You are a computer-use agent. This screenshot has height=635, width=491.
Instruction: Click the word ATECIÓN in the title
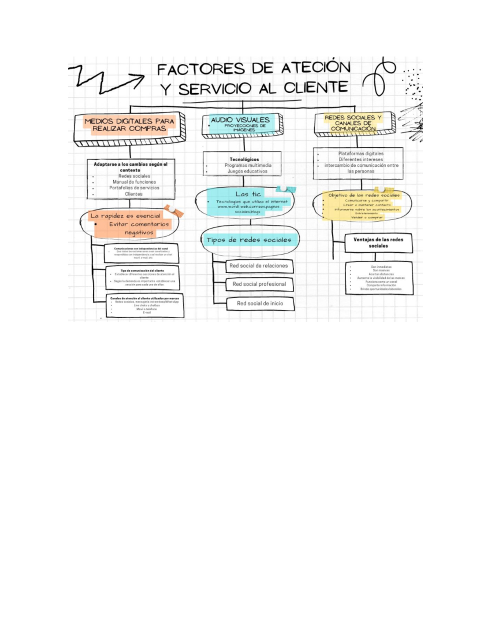pos(315,68)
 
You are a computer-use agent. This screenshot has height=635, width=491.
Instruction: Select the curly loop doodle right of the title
pos(379,77)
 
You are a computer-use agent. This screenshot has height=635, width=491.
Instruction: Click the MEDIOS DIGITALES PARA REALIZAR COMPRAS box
pos(129,125)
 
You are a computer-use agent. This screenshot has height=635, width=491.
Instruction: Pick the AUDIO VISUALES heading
pos(240,120)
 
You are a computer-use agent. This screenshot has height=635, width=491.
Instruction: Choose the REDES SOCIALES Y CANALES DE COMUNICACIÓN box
pos(353,123)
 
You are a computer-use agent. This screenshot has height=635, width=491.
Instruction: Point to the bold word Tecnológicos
pos(244,159)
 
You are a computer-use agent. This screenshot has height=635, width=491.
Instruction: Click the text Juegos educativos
pos(248,171)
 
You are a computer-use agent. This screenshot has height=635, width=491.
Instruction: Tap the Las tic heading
pos(248,194)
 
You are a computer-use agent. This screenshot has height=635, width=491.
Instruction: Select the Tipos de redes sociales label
pos(248,240)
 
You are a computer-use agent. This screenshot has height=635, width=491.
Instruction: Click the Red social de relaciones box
pos(259,266)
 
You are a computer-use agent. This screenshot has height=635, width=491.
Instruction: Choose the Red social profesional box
pos(259,284)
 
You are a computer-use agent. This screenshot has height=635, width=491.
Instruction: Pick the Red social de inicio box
pos(260,303)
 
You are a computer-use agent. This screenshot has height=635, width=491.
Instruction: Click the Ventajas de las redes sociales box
pos(378,242)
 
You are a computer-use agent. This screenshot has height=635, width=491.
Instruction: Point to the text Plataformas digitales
pos(361,154)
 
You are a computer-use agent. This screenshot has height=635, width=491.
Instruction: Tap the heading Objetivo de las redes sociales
pos(364,195)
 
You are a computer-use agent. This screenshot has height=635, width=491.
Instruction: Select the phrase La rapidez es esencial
pos(125,215)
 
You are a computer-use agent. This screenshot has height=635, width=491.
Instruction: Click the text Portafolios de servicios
pos(134,188)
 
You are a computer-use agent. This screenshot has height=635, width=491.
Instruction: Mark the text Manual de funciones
pos(134,182)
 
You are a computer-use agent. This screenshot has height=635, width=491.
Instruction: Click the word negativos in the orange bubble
pos(139,233)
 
